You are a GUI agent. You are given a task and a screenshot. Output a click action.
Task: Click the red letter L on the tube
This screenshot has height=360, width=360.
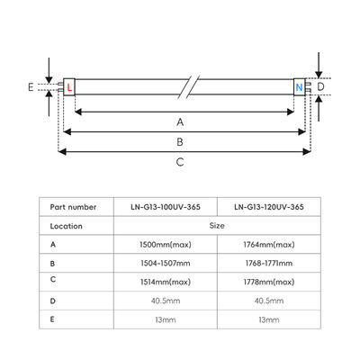70,87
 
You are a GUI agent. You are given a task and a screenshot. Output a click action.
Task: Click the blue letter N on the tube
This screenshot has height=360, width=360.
299,87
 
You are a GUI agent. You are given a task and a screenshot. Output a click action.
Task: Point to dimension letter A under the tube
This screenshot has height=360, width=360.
181,121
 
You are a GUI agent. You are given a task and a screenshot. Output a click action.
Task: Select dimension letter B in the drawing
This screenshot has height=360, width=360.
181,141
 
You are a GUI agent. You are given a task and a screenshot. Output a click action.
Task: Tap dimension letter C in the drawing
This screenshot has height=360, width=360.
181,162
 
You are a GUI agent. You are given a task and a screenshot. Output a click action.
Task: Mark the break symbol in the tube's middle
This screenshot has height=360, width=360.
186,86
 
